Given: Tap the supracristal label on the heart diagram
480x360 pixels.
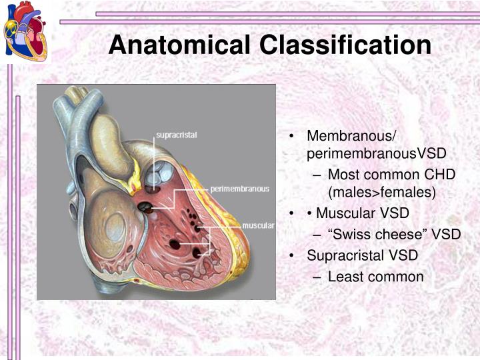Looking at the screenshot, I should pos(176,135).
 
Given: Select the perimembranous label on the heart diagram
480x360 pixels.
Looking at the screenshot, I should pos(240,189).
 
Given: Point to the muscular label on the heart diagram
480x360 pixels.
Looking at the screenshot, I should pos(258,225).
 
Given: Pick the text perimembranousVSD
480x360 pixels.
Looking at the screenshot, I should pos(376,154).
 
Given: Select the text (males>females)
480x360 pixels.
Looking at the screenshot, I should pos(381,193).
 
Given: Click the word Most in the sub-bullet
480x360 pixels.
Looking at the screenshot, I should pos(344,174).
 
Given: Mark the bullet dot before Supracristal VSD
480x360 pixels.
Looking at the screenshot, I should pos(293,255).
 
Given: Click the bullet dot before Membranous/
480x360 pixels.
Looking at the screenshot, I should pos(293,136).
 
